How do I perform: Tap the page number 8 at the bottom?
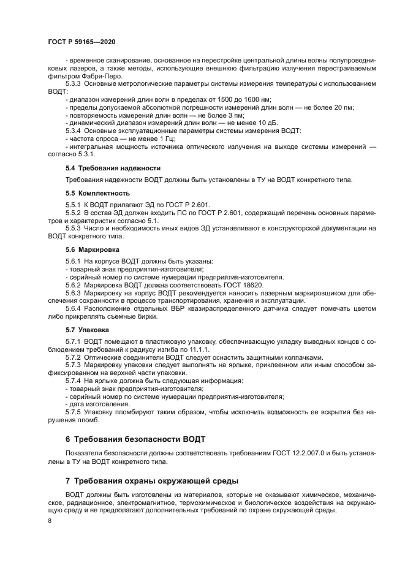click(x=50, y=520)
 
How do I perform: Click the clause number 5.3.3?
click(x=74, y=83)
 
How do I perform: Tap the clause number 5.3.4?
click(x=74, y=130)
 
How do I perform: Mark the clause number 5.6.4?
click(x=74, y=308)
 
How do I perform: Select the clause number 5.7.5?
click(x=74, y=411)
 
